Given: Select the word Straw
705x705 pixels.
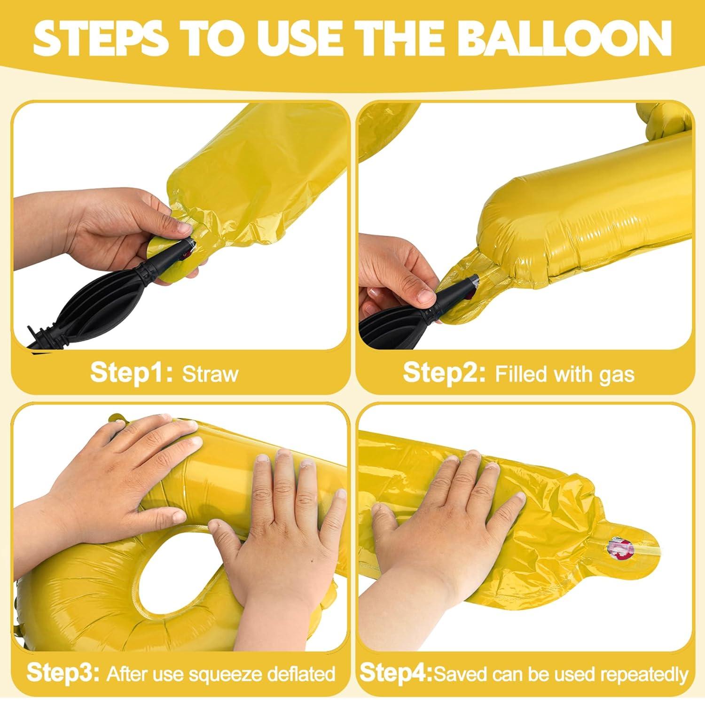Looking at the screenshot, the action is (x=210, y=374).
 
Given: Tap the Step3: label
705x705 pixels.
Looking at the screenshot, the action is (x=63, y=673).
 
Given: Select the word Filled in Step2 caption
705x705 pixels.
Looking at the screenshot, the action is (x=521, y=374).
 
